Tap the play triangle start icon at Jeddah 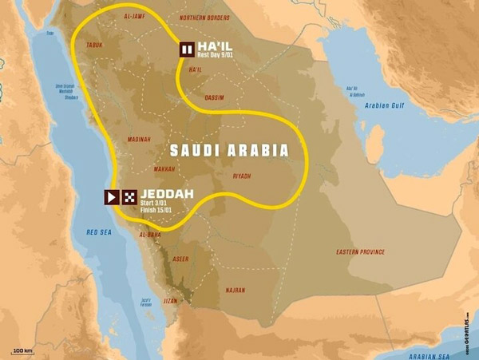pos(112,196)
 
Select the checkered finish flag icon pos(128,196)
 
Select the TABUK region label pos(95,45)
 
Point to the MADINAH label pos(138,140)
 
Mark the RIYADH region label pos(242,176)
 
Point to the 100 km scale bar pos(23,351)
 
